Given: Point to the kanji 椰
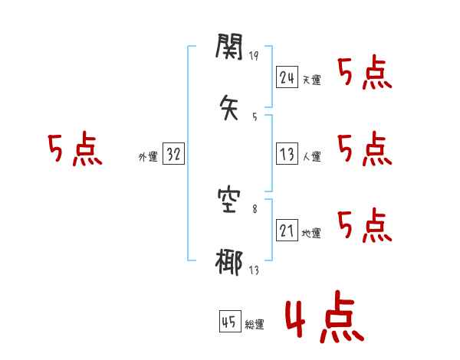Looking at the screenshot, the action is (229, 263).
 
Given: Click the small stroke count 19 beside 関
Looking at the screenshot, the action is (255, 56).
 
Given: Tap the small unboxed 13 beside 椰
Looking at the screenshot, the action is (255, 270).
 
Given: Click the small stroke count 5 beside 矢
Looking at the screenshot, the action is (255, 116).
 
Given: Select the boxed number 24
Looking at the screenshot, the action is (287, 77).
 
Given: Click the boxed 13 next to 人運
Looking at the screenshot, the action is (287, 154).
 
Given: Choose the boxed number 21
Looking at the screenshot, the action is (287, 231).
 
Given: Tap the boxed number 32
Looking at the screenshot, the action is (173, 155).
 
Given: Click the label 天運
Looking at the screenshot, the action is (311, 80).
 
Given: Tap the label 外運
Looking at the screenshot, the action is (148, 157).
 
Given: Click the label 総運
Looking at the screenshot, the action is (255, 326).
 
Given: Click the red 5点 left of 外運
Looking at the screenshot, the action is (74, 149).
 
